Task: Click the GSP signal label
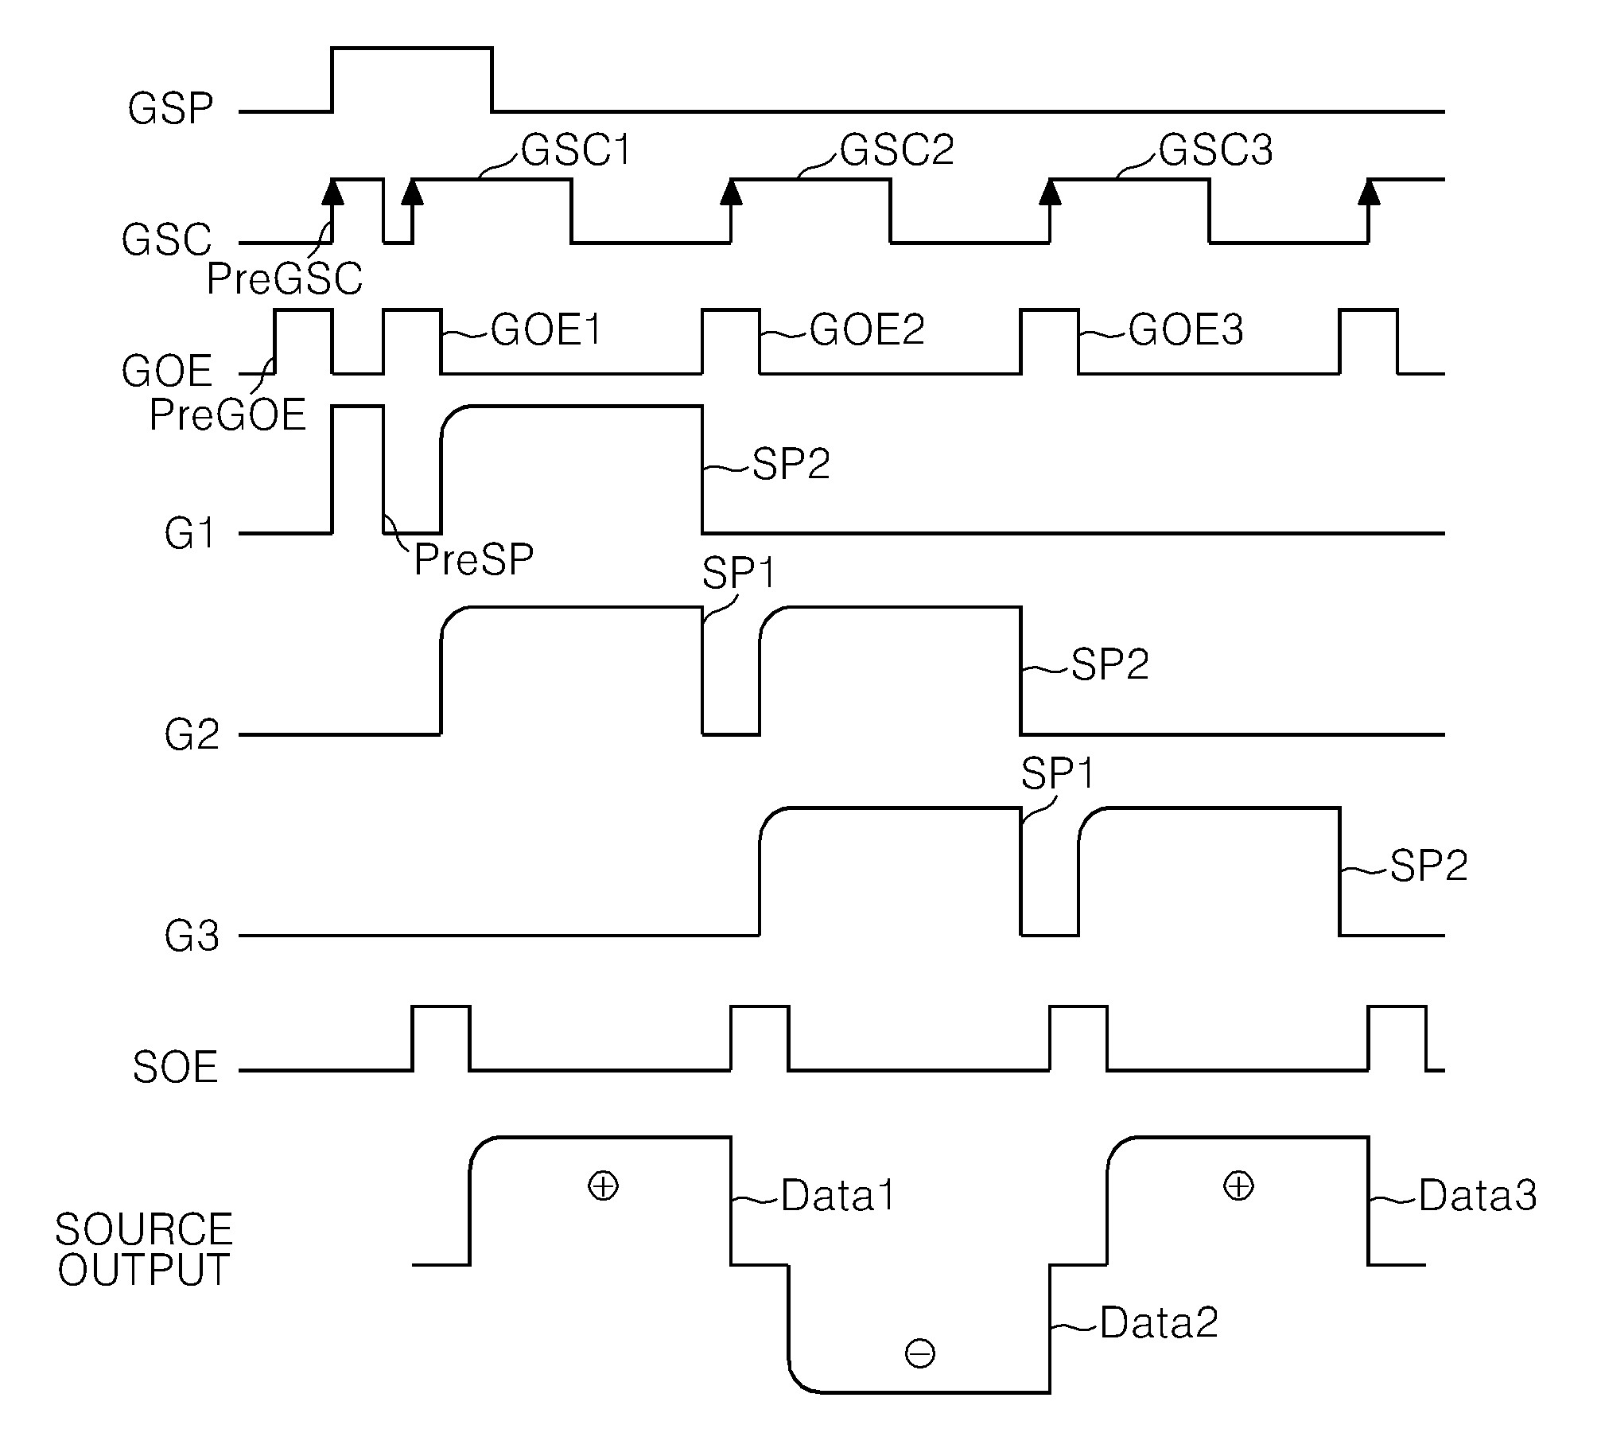click(170, 109)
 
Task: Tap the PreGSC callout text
click(284, 279)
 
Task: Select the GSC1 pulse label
click(576, 150)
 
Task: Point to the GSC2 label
click(897, 150)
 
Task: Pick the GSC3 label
click(1215, 150)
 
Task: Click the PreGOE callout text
click(227, 415)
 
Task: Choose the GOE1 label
click(546, 329)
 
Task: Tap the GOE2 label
click(867, 329)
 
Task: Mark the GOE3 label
click(1186, 329)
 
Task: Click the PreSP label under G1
click(473, 560)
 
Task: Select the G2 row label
click(192, 735)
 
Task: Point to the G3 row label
click(192, 936)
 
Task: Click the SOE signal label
click(175, 1068)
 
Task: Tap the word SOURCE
click(143, 1229)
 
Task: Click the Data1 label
click(838, 1195)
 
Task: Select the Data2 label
click(1159, 1323)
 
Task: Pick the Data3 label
click(1478, 1195)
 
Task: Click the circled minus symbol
click(920, 1353)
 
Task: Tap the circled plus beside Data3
click(1238, 1186)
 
